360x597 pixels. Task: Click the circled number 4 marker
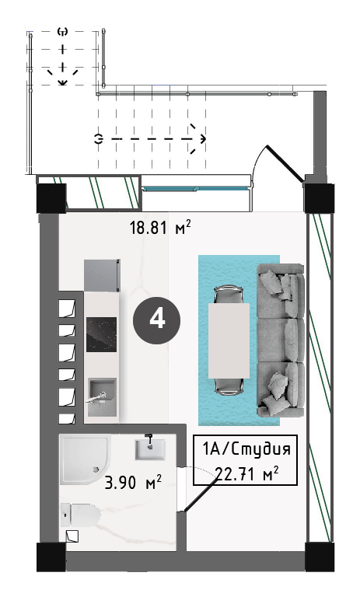coord(156,319)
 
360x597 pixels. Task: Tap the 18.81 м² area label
coord(160,228)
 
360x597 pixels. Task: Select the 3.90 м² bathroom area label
coord(133,482)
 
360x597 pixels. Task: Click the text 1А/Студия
coord(246,449)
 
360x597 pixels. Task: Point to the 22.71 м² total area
coord(246,474)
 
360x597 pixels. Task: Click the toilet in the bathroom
coord(80,515)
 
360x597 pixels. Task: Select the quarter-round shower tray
coord(86,459)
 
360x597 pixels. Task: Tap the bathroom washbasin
coord(150,449)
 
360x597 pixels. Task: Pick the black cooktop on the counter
coord(101,334)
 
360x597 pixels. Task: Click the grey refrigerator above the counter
coord(102,275)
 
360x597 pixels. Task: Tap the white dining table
coord(229,340)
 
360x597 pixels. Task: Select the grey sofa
coord(281,340)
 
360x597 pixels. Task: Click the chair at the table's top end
coord(228,295)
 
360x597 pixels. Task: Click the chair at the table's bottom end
coord(228,386)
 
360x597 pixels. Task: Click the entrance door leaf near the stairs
coord(285,164)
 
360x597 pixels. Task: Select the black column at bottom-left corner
coord(51,557)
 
